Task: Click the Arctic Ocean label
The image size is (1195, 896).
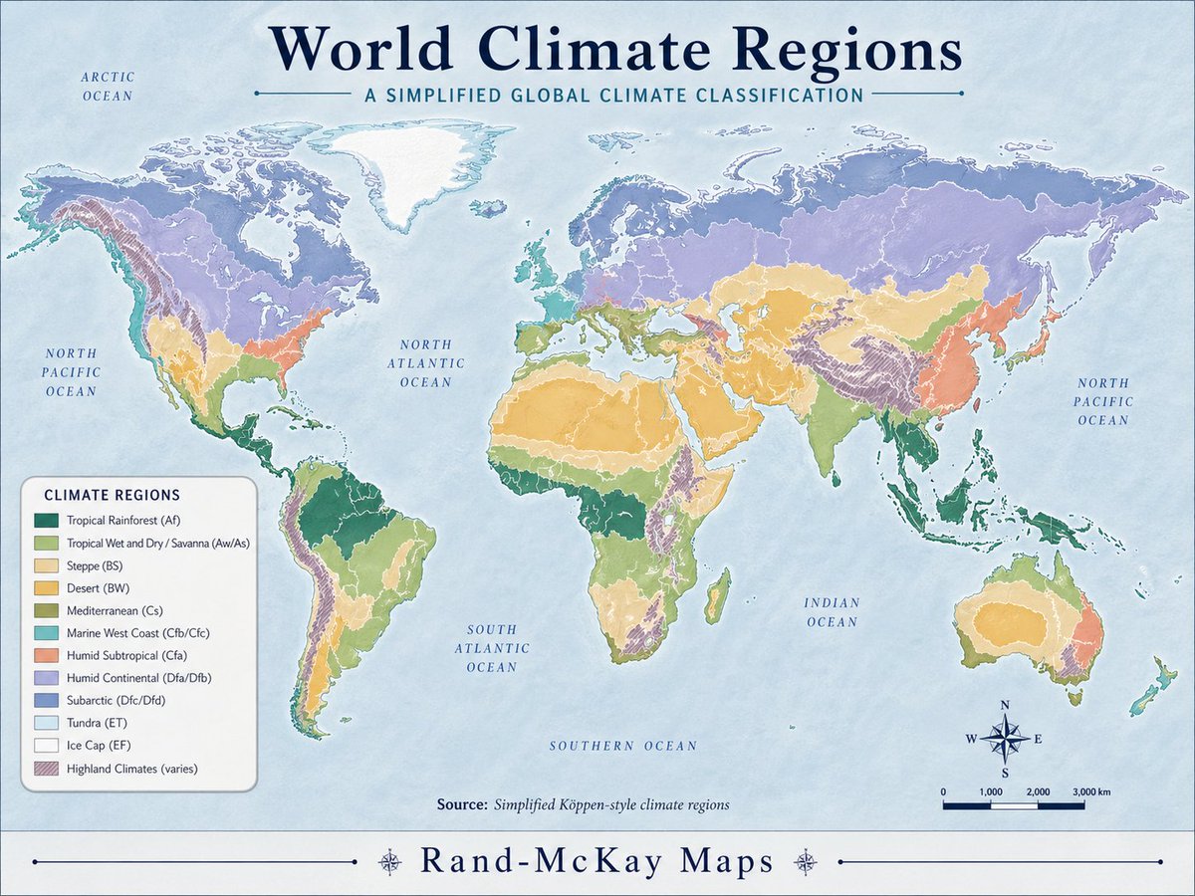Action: pos(108,86)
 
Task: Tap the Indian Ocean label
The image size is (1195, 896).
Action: pos(832,612)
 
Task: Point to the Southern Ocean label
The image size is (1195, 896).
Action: pos(623,746)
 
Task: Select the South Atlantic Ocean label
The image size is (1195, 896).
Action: pos(492,648)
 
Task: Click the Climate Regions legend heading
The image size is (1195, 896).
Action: pos(112,495)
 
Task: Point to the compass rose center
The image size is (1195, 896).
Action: pos(1005,739)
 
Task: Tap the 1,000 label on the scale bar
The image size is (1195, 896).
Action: pos(991,790)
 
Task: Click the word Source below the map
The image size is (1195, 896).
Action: pos(461,804)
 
